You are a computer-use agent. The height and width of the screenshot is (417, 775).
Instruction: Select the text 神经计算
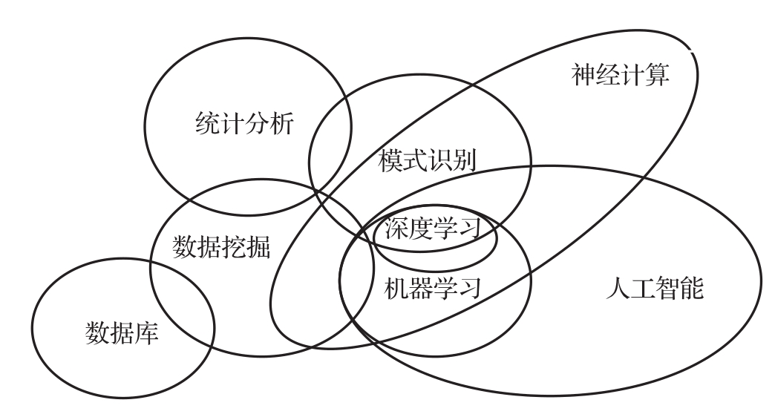click(x=621, y=75)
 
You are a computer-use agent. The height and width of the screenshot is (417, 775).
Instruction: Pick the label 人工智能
click(x=653, y=288)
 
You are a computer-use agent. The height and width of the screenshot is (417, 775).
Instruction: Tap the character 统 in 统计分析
click(x=206, y=123)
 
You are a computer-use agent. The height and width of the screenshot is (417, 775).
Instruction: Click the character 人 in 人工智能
click(x=617, y=288)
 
